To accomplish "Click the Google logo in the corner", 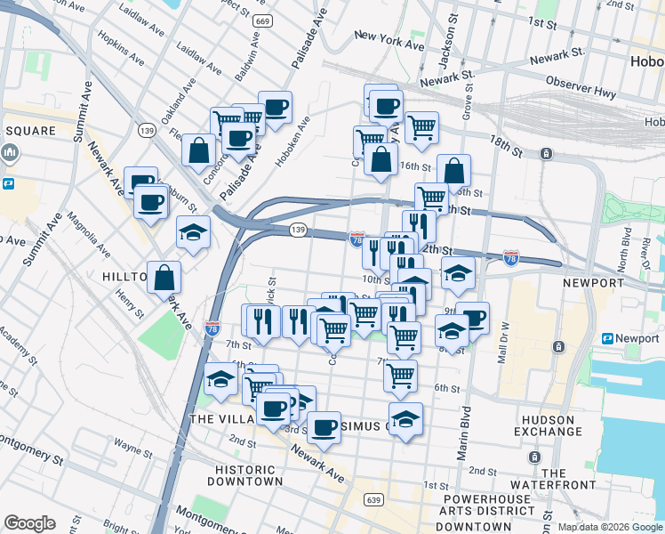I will click(28, 523).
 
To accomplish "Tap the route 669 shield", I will click(262, 20).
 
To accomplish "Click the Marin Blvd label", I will click(463, 433).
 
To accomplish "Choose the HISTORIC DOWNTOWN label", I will click(244, 475).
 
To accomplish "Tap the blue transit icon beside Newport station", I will click(609, 339).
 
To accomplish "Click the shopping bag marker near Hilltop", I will click(164, 278).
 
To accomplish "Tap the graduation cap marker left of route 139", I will click(193, 233).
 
